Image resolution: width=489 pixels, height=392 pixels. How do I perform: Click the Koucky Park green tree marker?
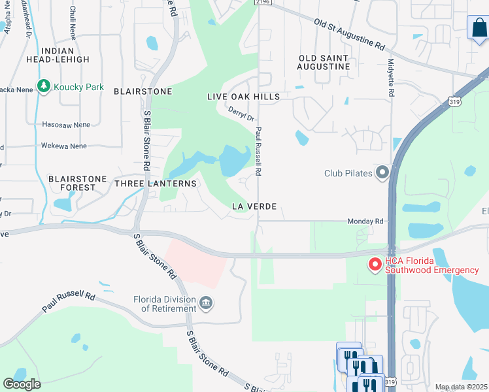coord(44,86)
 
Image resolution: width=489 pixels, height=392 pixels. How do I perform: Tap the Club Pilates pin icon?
coord(382,173)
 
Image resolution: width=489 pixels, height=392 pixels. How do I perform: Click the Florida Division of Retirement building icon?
coord(207,302)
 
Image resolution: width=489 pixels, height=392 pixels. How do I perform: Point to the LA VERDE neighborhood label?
coord(254,206)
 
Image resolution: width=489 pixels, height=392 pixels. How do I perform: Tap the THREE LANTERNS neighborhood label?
coord(156,184)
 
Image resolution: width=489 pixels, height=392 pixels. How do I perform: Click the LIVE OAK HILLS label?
coord(243,97)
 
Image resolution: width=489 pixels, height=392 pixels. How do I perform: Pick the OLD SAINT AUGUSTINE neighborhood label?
coord(324,62)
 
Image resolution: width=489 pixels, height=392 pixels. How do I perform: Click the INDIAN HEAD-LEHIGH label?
coord(65,55)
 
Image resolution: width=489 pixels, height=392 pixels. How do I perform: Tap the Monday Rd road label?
coord(365,221)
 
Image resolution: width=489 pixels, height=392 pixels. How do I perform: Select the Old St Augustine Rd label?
coord(349,35)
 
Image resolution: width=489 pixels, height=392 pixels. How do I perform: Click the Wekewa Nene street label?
coord(63,146)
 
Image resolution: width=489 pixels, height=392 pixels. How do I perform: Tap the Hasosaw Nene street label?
coord(65,124)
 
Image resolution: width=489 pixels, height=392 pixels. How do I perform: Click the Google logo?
coord(22,384)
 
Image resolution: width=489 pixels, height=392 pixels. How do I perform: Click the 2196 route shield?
coord(263,3)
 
